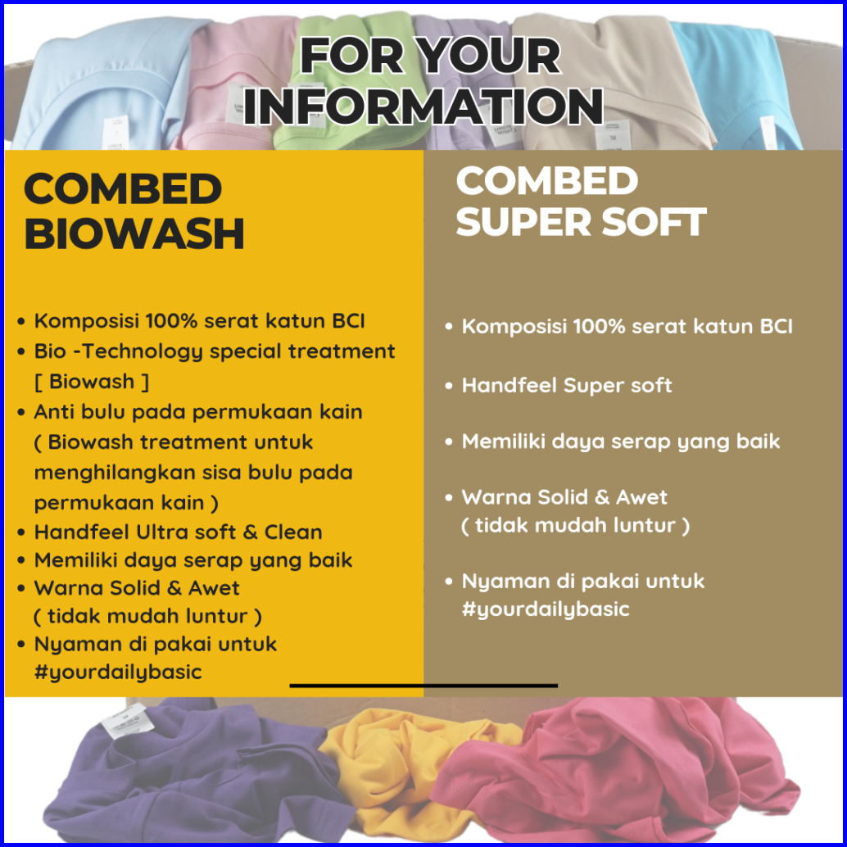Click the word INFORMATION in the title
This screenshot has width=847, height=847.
point(423,106)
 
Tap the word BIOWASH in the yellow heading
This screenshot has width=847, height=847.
point(134,234)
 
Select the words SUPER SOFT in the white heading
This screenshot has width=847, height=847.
point(582,221)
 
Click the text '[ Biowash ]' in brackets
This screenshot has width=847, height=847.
point(91,382)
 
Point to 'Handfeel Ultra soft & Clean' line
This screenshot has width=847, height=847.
point(179,532)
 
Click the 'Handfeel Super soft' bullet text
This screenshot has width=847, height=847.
point(567,386)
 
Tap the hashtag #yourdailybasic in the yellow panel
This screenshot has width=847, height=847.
point(118,672)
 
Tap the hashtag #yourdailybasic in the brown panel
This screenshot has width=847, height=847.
point(546,609)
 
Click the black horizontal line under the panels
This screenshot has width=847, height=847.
point(423,686)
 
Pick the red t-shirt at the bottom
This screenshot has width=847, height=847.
point(621,767)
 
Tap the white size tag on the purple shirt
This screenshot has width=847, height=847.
point(125,719)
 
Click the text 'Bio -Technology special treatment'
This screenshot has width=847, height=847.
point(215,351)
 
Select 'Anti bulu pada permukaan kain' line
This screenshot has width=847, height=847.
point(198,412)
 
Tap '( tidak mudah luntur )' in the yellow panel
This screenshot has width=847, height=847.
point(148,616)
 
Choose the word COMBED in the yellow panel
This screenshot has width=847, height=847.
point(123,189)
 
